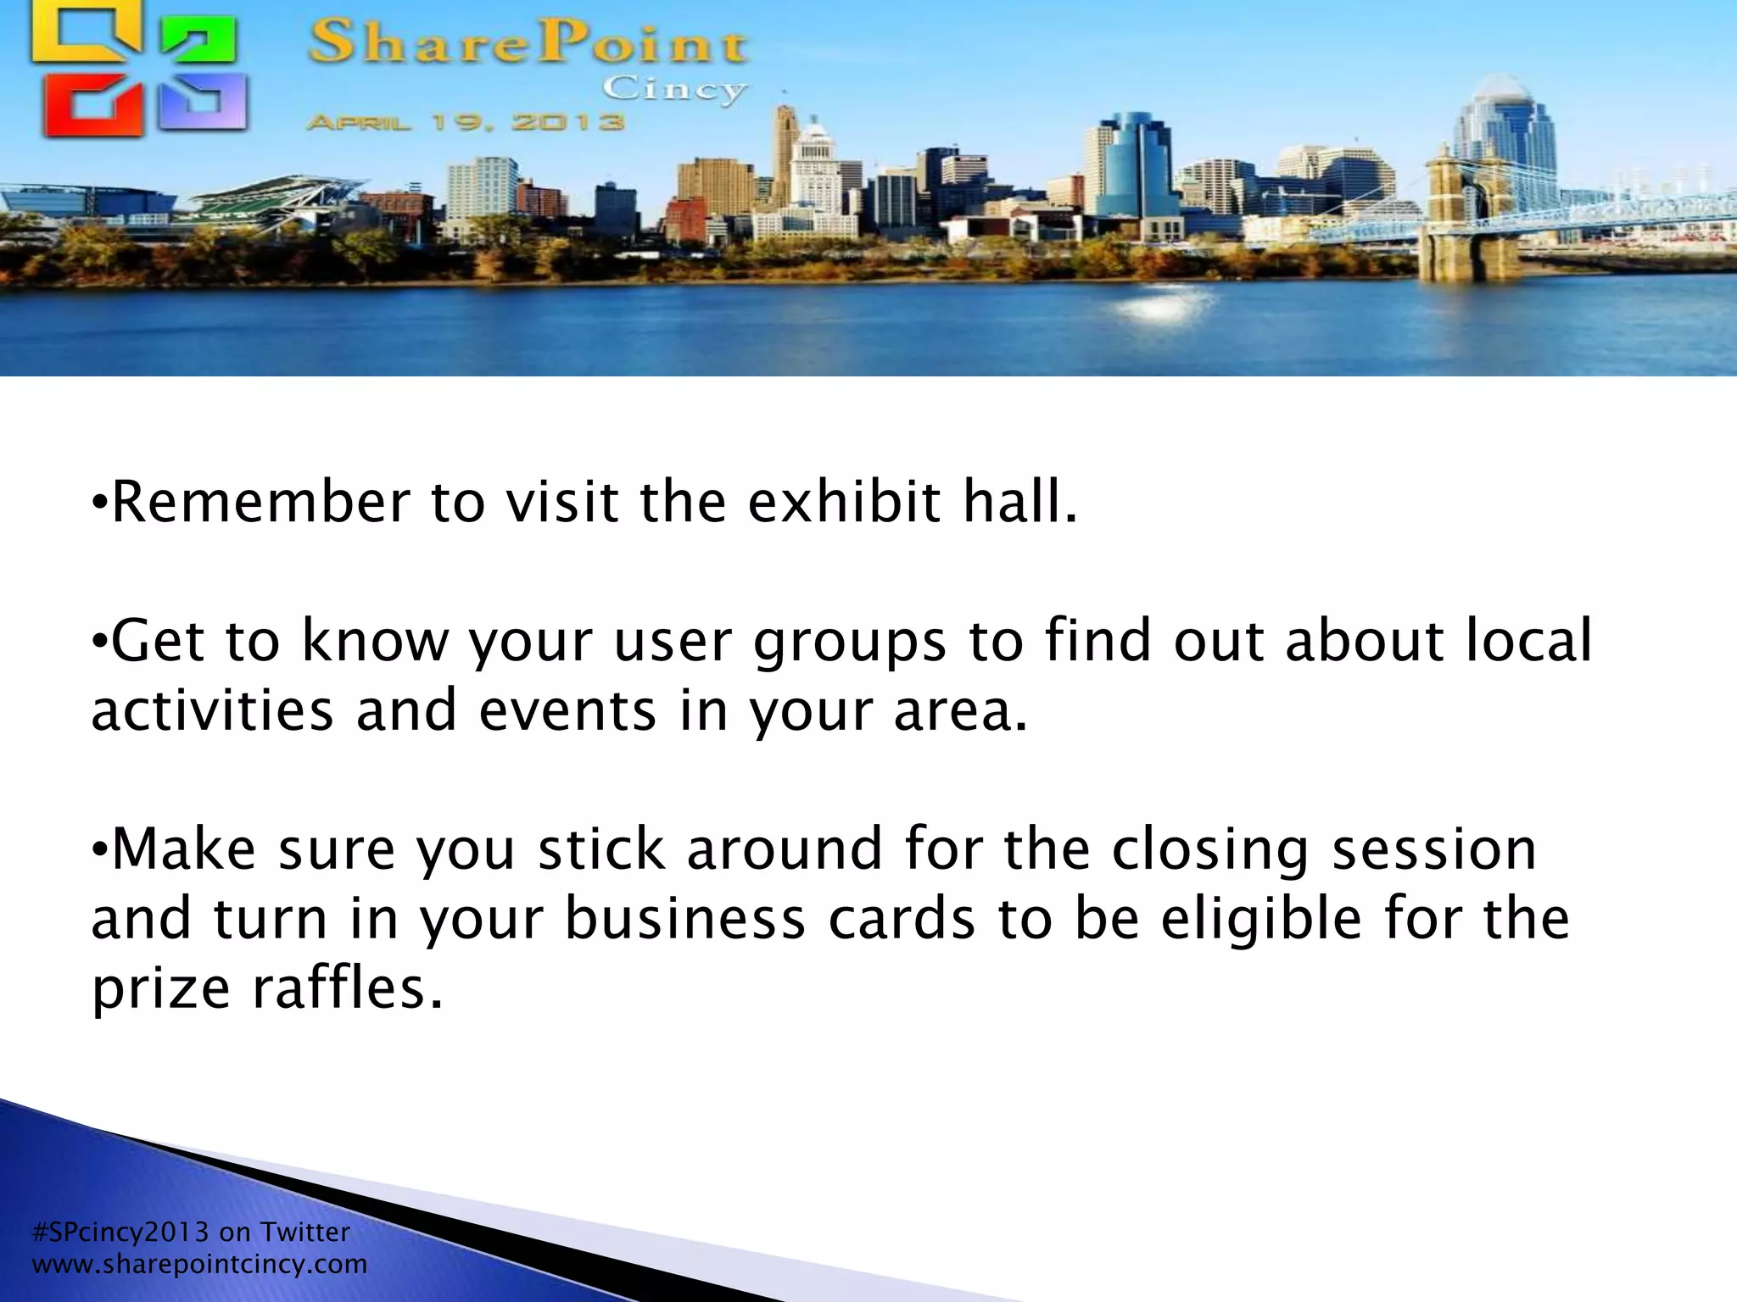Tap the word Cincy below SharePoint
[674, 89]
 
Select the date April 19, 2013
[465, 123]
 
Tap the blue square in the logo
[204, 103]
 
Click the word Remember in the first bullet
[260, 502]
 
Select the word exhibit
[843, 502]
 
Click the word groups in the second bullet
[849, 643]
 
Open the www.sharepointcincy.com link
[199, 1265]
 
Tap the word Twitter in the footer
[304, 1232]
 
